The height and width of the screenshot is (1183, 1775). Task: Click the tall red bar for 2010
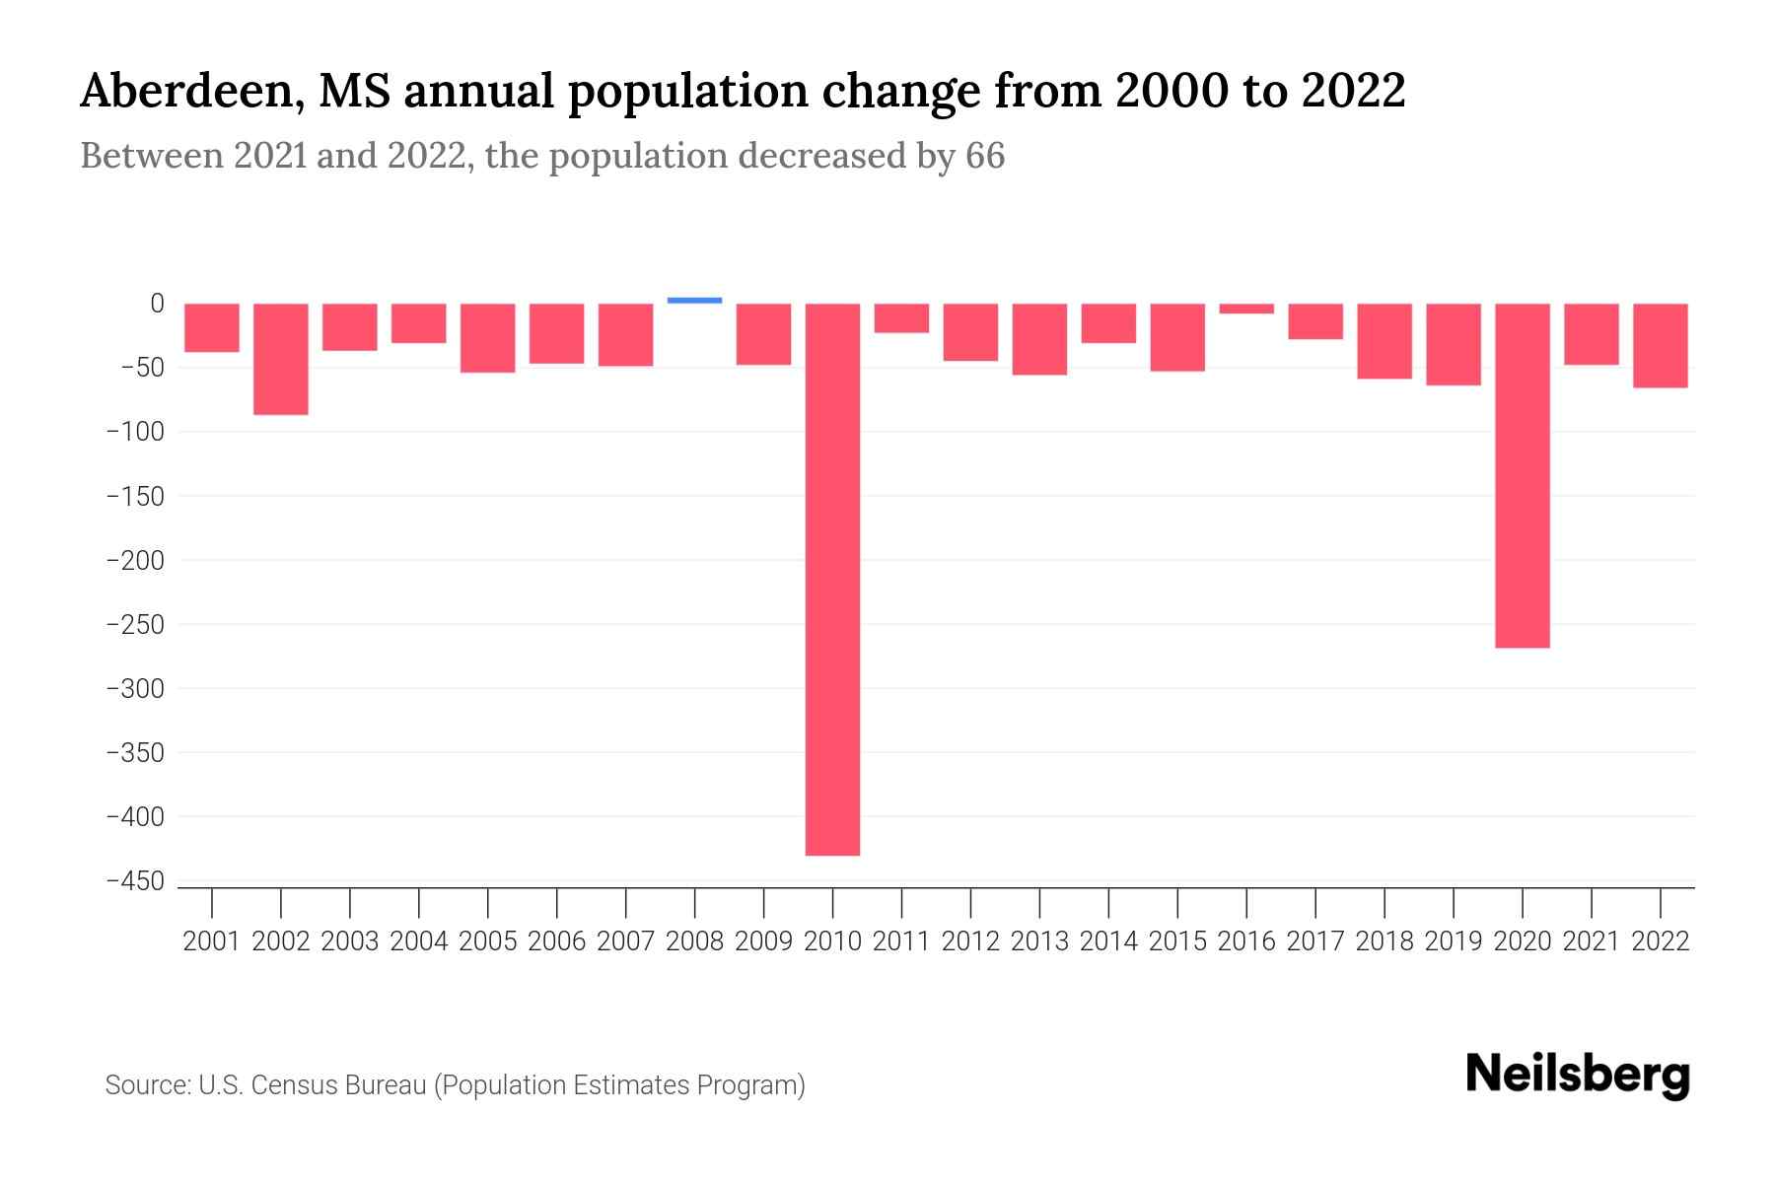coord(832,580)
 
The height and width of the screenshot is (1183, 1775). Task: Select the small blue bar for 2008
coord(694,300)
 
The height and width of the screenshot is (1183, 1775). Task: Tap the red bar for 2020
coord(1522,475)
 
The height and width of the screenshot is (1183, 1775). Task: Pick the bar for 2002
coord(281,359)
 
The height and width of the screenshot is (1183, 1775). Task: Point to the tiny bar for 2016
coord(1246,309)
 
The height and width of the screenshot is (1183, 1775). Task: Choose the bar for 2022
coord(1660,345)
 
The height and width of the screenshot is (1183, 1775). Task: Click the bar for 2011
coord(901,318)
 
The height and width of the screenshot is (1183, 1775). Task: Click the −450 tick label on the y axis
coord(135,881)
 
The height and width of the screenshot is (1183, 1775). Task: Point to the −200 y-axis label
coord(135,560)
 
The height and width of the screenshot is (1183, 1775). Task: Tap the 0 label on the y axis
coord(157,304)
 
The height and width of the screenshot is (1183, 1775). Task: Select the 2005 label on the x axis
coord(488,941)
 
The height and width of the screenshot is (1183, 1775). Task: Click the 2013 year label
coord(1039,941)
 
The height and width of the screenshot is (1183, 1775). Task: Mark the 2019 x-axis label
coord(1454,941)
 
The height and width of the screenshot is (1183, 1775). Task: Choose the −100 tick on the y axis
coord(135,432)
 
